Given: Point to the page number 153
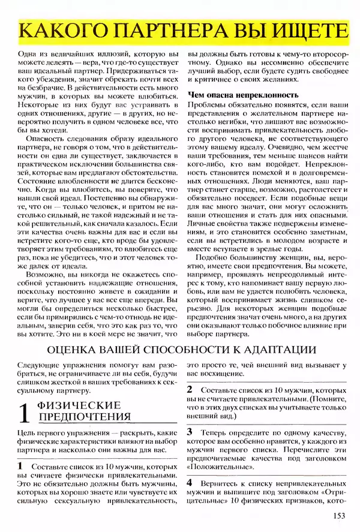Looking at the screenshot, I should coord(340,515).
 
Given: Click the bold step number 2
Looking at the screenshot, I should coord(190,389).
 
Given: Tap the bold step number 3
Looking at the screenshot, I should coord(190,431).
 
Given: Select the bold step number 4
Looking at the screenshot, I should coord(190,482).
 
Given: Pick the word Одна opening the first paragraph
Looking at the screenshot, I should coord(29,53).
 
